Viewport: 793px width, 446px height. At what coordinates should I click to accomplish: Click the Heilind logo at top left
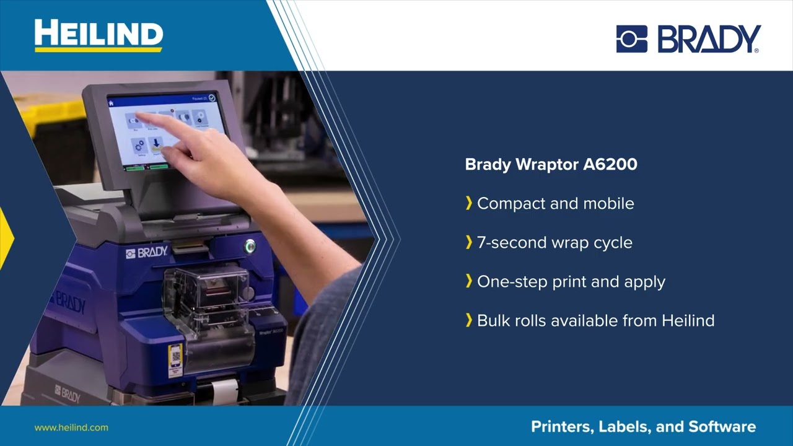(98, 35)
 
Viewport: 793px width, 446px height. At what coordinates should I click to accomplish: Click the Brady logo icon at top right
(631, 39)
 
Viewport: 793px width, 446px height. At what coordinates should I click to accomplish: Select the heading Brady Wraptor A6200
(551, 165)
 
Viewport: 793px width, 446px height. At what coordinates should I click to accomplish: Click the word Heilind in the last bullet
(688, 321)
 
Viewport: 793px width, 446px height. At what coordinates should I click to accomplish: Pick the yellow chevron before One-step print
(469, 282)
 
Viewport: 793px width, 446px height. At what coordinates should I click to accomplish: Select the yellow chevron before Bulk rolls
(469, 321)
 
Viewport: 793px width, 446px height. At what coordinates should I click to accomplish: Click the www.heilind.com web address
(71, 427)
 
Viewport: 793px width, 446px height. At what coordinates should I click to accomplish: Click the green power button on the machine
(250, 246)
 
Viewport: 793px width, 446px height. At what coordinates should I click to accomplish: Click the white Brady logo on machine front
(147, 252)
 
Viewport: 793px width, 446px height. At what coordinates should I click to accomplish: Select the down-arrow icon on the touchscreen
(156, 143)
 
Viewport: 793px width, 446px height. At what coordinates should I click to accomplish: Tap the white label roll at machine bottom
(224, 390)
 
